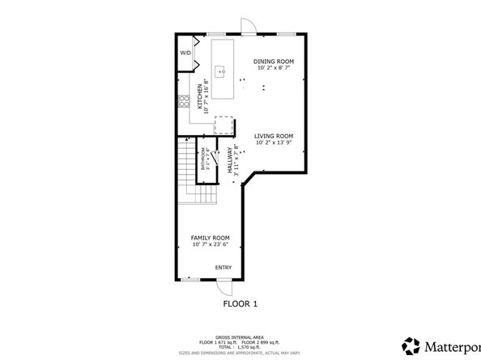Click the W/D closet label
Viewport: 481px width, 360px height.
[x=185, y=53]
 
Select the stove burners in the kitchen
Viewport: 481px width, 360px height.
[x=184, y=102]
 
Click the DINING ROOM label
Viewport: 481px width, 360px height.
[x=273, y=61]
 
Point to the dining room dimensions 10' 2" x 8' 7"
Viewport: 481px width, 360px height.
[x=273, y=68]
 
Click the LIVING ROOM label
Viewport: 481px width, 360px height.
[x=273, y=136]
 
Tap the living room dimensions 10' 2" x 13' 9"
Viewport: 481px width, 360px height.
[x=273, y=142]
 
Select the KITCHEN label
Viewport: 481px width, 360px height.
[x=198, y=95]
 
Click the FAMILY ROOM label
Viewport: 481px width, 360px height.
[x=210, y=238]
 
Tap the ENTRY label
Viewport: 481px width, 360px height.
[x=223, y=268]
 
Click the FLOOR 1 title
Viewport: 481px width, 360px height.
[x=240, y=304]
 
